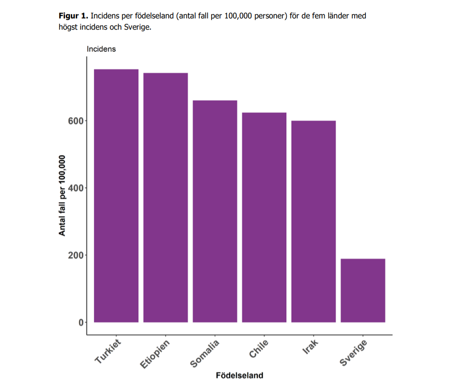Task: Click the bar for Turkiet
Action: [116, 195]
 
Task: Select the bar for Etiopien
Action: [165, 197]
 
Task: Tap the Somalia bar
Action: [215, 211]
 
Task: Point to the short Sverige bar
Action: [363, 290]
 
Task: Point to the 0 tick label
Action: [81, 323]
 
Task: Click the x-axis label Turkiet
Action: [108, 352]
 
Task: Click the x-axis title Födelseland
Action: [239, 375]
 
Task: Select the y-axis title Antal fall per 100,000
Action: [62, 195]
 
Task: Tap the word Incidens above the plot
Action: [101, 49]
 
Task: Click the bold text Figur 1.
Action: [74, 16]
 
